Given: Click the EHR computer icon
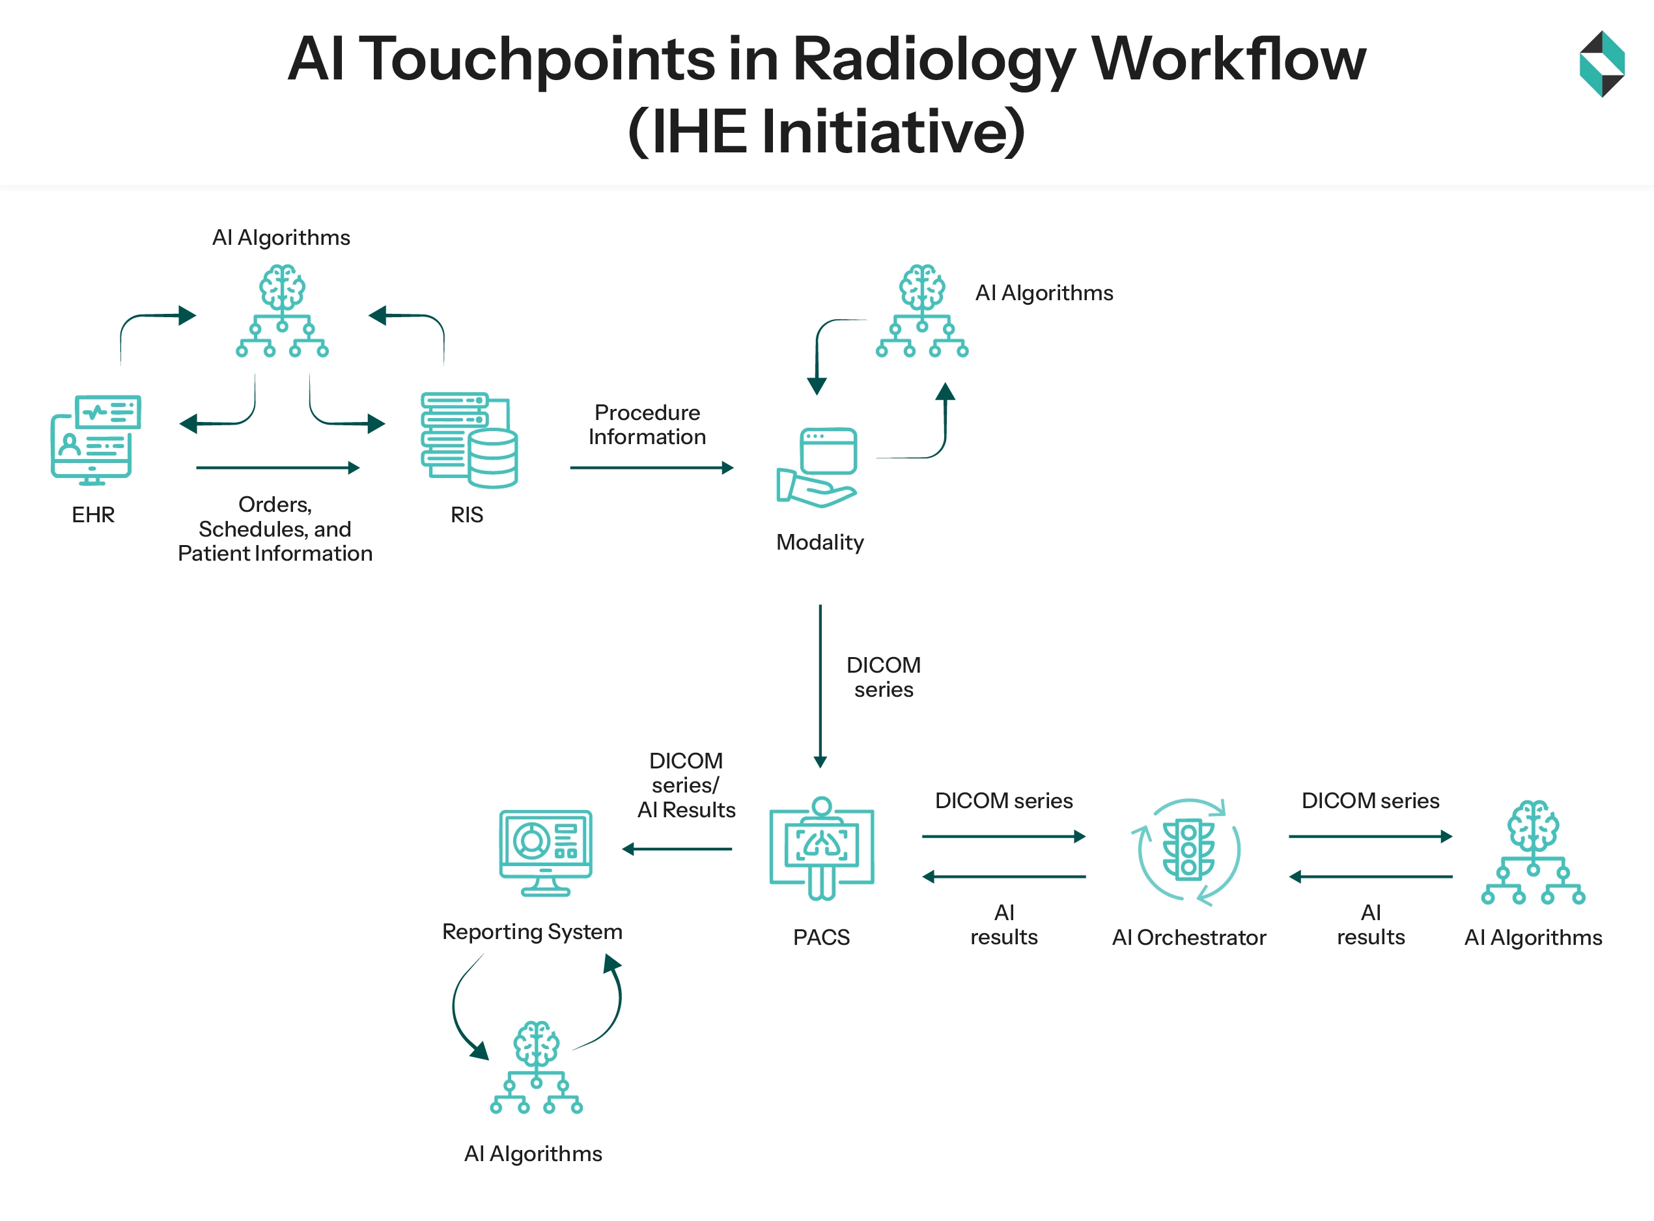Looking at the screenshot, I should [94, 440].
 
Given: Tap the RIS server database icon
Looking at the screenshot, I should [469, 440].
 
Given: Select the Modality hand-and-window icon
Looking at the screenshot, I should [817, 468].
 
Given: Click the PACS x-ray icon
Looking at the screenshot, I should [821, 848].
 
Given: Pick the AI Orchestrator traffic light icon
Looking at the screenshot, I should [1188, 850].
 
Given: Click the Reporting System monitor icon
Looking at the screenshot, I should [546, 853].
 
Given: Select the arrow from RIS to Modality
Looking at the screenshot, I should [651, 468].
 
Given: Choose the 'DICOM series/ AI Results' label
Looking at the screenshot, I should [686, 785].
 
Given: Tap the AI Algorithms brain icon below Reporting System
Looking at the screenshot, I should [536, 1067].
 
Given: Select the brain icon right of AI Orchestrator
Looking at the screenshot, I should [1532, 852].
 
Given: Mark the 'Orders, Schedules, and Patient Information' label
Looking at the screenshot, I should [275, 529].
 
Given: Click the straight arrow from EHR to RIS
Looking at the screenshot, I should [277, 468].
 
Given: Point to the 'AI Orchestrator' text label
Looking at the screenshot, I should [1188, 937].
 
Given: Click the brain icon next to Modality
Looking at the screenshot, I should [921, 311].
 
